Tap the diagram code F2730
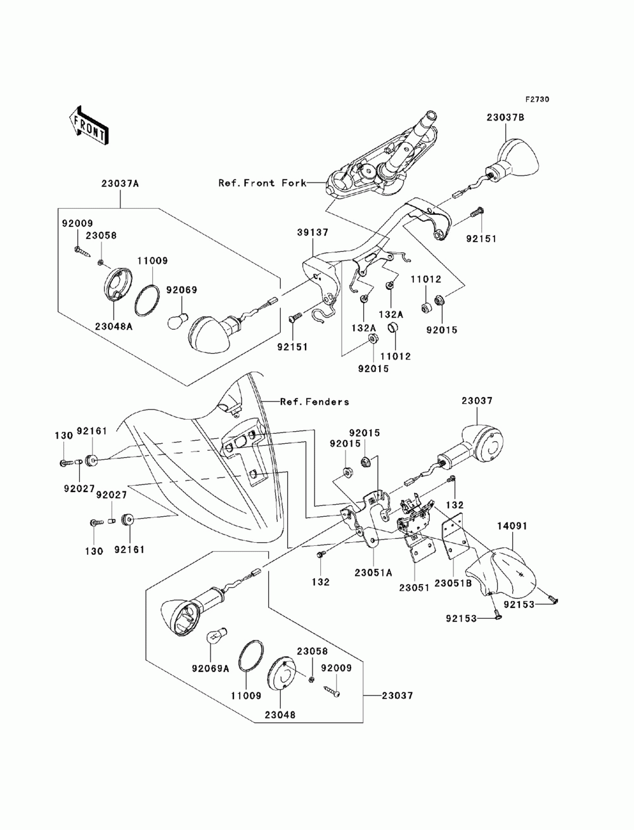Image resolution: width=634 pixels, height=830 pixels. [536, 100]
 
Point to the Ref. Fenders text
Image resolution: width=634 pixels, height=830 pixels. [314, 402]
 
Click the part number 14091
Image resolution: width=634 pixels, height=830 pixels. [512, 526]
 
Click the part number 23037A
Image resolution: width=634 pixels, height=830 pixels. [119, 184]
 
